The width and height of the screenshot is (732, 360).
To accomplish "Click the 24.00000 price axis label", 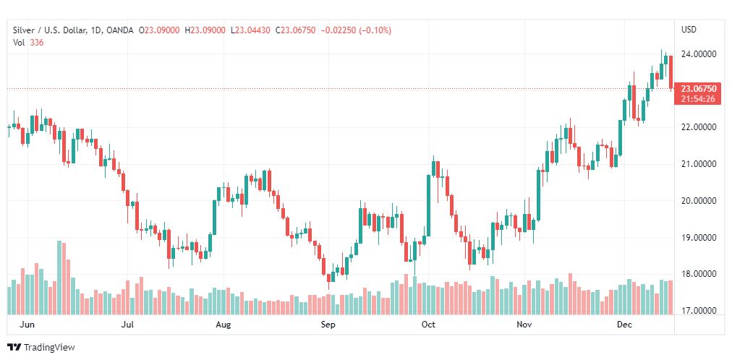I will tap(699, 53).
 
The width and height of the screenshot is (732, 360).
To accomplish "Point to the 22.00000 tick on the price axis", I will tap(699, 127).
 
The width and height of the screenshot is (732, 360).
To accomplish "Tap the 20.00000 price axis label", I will tap(699, 200).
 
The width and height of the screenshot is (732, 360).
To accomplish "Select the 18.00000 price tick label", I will tap(699, 274).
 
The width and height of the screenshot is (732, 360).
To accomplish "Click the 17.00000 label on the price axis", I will tap(699, 311).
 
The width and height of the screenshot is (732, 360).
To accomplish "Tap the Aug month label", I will tap(223, 325).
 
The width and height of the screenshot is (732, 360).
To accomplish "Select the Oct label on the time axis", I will tap(428, 325).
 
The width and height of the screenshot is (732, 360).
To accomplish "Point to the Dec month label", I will tap(624, 325).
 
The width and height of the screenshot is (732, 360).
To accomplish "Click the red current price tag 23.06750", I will tap(698, 89).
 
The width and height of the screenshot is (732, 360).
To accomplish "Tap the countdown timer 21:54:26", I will tap(698, 99).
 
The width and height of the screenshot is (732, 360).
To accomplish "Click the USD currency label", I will tap(689, 30).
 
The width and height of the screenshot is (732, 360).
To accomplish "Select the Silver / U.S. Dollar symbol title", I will tap(48, 30).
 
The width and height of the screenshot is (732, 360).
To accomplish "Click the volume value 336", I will tap(36, 42).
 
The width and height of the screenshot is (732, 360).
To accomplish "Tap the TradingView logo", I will tap(41, 347).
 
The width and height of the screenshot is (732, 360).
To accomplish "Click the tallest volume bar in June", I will tap(59, 278).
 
